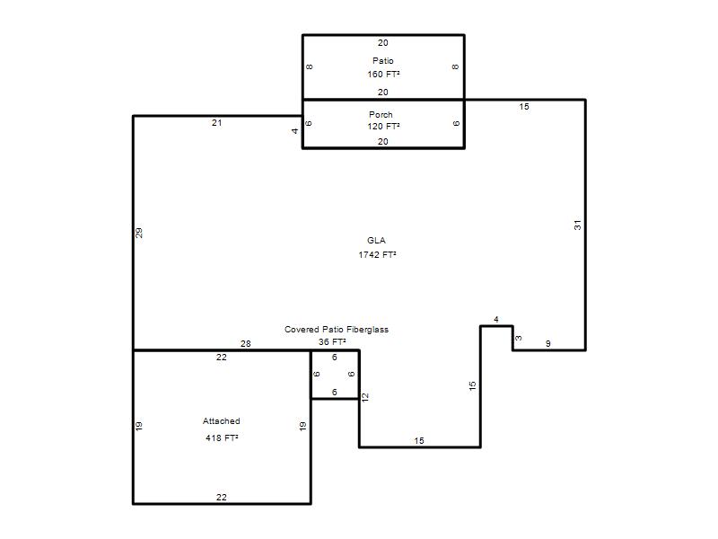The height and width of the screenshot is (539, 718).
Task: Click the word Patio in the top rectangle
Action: tap(383, 60)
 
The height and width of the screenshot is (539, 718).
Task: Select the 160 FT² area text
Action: tap(383, 74)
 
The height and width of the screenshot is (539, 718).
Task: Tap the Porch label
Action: tap(381, 115)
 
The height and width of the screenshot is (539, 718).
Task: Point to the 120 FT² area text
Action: tap(383, 126)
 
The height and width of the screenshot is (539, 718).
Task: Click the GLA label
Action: tap(376, 240)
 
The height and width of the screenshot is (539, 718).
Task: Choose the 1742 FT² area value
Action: tap(377, 254)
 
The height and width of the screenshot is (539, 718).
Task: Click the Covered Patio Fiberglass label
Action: tap(337, 329)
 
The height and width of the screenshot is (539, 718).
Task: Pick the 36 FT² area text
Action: tap(332, 341)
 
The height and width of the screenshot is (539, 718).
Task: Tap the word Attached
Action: tap(221, 420)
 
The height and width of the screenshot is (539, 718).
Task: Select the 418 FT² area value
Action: tap(222, 437)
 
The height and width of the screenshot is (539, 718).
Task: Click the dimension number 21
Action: tap(217, 122)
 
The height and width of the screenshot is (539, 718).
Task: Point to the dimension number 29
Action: tap(139, 233)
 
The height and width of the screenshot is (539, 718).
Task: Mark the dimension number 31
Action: tap(577, 225)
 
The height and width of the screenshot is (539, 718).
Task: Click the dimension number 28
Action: tap(245, 343)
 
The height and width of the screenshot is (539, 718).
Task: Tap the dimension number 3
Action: tap(518, 339)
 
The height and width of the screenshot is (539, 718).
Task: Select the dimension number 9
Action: tap(548, 343)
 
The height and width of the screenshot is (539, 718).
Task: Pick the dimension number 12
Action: tap(365, 397)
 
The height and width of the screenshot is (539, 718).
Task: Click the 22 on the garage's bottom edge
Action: tap(221, 497)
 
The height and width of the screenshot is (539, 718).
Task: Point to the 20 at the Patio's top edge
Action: tap(383, 42)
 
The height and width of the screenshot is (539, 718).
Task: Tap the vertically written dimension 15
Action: tap(473, 386)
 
